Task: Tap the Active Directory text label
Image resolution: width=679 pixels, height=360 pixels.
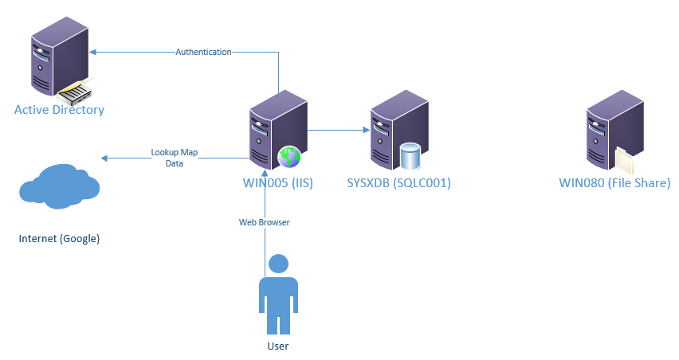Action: coord(59,110)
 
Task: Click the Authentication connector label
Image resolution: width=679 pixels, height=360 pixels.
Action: coord(203,52)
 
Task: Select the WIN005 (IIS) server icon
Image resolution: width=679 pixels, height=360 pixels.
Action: coord(275,127)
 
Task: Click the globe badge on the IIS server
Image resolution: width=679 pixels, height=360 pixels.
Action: coord(288,157)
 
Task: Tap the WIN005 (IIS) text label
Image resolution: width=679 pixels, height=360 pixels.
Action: coord(277,182)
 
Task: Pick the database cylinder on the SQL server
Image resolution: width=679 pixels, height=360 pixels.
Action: coord(410,156)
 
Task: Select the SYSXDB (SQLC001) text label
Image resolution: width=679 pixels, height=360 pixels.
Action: coord(399,182)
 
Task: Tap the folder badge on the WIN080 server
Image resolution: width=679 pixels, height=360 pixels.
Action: coord(626,158)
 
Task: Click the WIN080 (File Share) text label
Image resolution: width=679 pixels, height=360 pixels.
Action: coord(614,182)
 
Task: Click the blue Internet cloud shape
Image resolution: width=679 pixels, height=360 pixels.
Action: coord(59,185)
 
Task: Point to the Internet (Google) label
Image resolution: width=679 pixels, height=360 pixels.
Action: coord(59,238)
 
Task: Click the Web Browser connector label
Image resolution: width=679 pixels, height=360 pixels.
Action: coord(264,222)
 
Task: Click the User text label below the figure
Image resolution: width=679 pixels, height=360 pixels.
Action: coord(277,346)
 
